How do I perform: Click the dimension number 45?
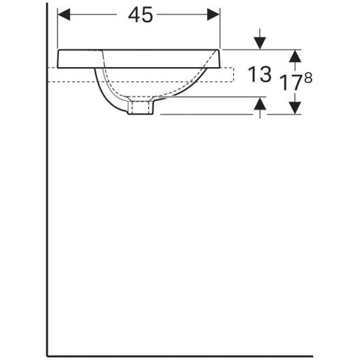point(140,15)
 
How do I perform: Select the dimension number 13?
point(259,74)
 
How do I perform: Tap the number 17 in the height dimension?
point(292,83)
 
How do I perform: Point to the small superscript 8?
point(308,78)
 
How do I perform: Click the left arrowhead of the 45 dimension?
point(63,14)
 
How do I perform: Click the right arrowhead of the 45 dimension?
point(213,14)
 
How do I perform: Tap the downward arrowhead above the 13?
point(261,44)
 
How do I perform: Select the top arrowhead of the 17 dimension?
point(295,56)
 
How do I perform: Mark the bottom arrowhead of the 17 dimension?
point(295,108)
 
